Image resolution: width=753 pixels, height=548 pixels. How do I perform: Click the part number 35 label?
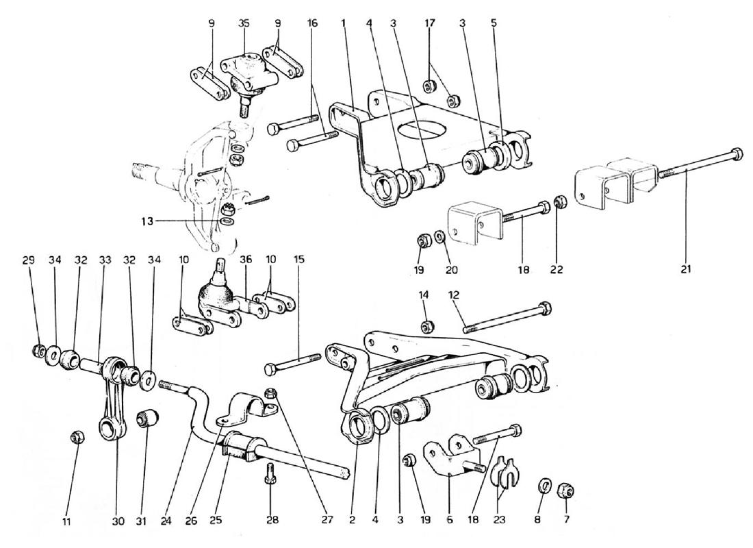click(x=244, y=23)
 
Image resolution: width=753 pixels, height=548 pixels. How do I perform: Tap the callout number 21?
click(x=686, y=269)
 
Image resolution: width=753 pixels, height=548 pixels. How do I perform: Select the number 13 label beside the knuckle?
click(x=147, y=221)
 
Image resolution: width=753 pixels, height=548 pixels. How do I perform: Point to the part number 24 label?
click(x=166, y=521)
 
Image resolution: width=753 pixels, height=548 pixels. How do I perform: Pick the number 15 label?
click(x=299, y=260)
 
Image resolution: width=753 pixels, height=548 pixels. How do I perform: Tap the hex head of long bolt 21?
click(x=736, y=157)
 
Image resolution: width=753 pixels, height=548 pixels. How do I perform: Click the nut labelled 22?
click(x=559, y=202)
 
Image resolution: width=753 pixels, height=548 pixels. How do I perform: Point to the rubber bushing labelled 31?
click(x=146, y=419)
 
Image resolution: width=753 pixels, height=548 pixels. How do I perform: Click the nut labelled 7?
click(x=566, y=490)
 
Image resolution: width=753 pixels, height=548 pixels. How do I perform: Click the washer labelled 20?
click(x=439, y=236)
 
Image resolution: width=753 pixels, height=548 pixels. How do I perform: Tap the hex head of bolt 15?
click(x=270, y=370)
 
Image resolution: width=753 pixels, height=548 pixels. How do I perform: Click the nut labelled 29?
click(x=38, y=351)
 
